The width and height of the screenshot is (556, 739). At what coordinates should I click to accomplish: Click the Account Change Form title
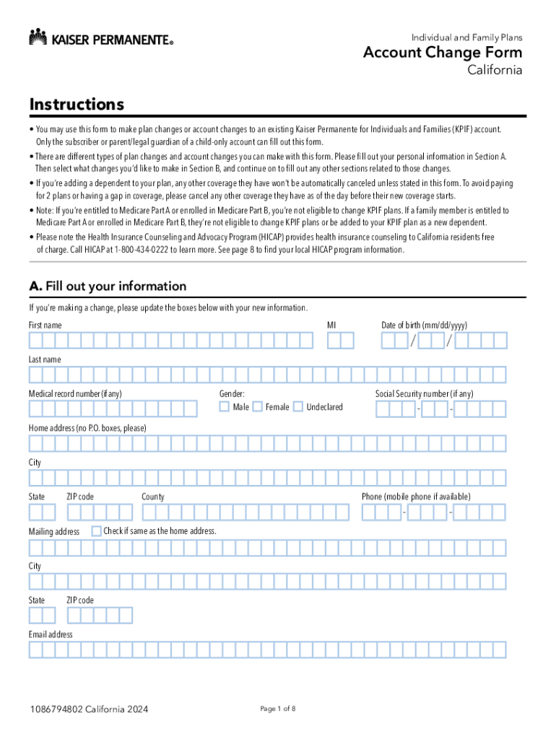(443, 53)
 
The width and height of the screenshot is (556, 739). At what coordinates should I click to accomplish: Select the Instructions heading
(77, 105)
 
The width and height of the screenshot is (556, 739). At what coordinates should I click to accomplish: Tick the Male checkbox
(224, 407)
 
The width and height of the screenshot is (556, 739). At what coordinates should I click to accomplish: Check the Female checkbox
(257, 407)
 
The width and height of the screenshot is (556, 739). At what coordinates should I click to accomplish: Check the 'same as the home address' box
(96, 531)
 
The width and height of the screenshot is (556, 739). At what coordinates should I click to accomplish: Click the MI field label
(331, 325)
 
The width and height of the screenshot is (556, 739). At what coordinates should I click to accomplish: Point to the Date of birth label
(429, 325)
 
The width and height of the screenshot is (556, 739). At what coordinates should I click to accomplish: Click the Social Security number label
(424, 394)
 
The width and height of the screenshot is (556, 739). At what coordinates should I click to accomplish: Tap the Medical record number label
(75, 394)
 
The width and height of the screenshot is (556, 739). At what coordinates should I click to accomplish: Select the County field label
(153, 497)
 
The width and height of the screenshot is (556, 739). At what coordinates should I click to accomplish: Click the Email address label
(51, 634)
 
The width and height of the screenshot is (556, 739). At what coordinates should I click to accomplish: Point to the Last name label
(45, 359)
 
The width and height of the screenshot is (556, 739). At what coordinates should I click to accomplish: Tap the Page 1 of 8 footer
(277, 709)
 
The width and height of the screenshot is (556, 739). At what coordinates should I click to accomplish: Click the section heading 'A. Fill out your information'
(108, 286)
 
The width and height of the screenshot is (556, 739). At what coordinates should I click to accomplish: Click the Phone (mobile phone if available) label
(416, 497)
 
